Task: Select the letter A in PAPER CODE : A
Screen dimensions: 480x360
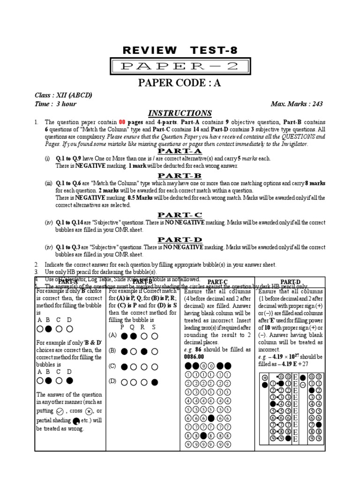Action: coord(217,83)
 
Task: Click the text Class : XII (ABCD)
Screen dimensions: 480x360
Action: coord(63,95)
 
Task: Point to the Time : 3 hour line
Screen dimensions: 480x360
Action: coord(55,104)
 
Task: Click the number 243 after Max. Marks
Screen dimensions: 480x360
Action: coord(315,104)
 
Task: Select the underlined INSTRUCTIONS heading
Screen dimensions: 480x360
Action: coord(180,113)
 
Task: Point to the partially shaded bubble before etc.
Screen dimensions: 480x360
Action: coord(76,420)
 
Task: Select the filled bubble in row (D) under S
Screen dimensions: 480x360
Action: coord(155,382)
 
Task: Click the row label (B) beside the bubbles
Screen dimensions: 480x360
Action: coord(112,350)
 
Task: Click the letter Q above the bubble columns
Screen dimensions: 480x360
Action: coord(134,327)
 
